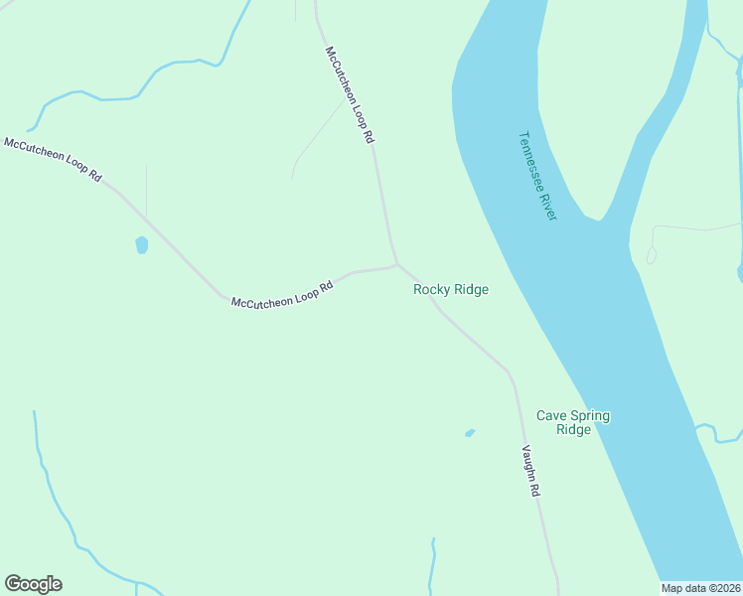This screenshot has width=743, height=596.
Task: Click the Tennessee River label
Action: [x=538, y=177]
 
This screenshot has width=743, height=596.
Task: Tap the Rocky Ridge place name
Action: [x=451, y=289]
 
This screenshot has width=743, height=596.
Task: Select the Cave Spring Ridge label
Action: [x=573, y=422]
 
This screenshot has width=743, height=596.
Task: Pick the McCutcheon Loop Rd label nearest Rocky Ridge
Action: [x=280, y=295]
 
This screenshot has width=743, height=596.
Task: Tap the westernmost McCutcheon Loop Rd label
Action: [x=53, y=159]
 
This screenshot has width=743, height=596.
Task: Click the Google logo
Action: [x=33, y=584]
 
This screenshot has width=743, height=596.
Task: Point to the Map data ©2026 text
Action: [x=701, y=587]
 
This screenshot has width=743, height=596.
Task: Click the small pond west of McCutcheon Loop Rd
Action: [x=142, y=244]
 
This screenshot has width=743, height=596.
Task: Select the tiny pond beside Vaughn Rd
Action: [x=470, y=433]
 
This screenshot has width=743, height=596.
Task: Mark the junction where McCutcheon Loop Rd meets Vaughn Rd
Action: [x=397, y=264]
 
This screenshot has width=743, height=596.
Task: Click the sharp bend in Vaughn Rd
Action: [x=510, y=374]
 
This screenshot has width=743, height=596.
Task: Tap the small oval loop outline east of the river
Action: [x=652, y=255]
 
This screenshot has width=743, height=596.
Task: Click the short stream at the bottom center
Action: [x=432, y=566]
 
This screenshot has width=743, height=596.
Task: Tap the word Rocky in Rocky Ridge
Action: [x=432, y=289]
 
